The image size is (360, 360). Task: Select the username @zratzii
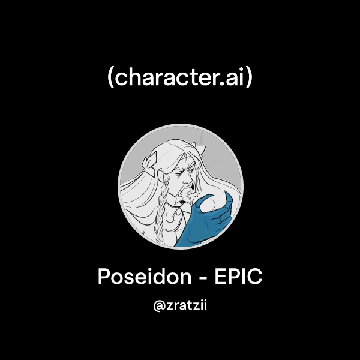180,306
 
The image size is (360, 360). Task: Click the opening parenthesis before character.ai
111,79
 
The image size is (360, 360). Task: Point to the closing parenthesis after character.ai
249,79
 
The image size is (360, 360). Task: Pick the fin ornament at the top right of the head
202,150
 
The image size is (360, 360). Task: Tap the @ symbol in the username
160,306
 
